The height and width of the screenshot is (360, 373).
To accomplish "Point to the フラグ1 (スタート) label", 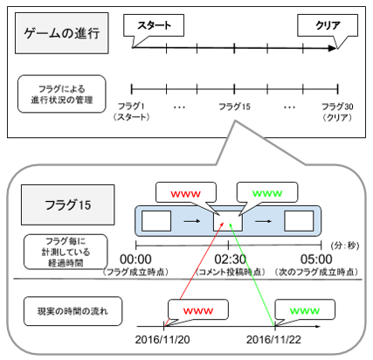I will coord(133,111).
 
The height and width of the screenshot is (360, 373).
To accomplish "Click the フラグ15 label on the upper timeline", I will coord(237,106).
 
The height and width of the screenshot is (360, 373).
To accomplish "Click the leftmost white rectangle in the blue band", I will coord(156,220).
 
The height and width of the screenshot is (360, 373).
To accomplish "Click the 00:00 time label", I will coord(135,259).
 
